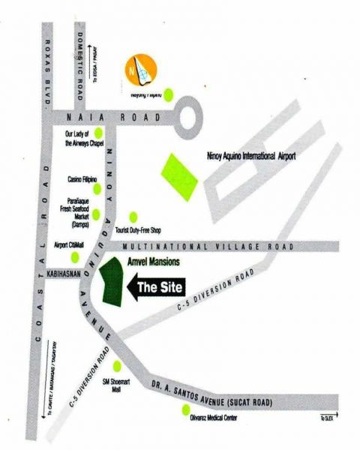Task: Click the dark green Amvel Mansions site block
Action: [x=115, y=283]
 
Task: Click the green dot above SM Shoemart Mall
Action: [x=117, y=365]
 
